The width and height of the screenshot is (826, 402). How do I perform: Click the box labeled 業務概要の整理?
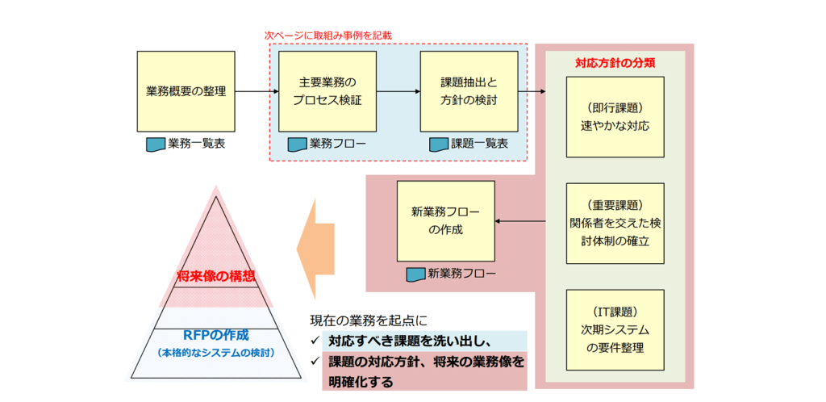186,91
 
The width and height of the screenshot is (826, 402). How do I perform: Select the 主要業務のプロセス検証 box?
327,91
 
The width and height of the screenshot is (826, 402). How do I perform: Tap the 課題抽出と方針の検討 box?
469,91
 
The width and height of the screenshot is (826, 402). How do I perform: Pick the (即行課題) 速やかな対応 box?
615,117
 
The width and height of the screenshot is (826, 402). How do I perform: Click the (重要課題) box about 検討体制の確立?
615,224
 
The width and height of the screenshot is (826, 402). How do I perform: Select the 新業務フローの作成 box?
445,221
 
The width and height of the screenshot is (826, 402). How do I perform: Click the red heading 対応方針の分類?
615,63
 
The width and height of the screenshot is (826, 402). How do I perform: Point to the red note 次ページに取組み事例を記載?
327,36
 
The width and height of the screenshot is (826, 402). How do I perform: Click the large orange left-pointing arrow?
315,249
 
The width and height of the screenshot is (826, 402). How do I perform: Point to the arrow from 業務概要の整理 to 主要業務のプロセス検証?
257,92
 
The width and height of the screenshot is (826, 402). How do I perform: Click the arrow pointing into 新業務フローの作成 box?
520,222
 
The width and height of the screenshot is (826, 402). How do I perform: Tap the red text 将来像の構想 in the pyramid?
216,274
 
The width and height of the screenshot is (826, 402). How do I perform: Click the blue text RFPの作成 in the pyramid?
216,335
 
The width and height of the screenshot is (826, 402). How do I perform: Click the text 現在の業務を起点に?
369,320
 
